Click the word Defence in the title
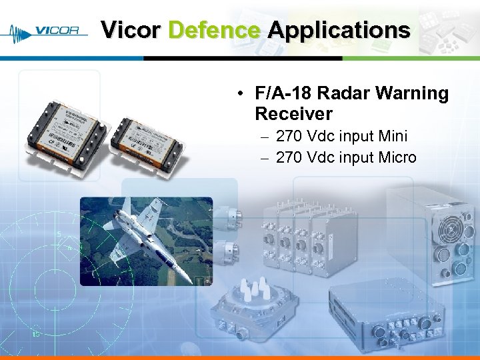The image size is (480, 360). point(214,30)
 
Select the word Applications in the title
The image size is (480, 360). point(339,30)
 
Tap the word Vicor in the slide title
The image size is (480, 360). point(131,30)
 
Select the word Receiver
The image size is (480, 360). point(293,114)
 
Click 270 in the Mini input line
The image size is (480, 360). point(289,137)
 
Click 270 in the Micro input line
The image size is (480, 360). point(289,158)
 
